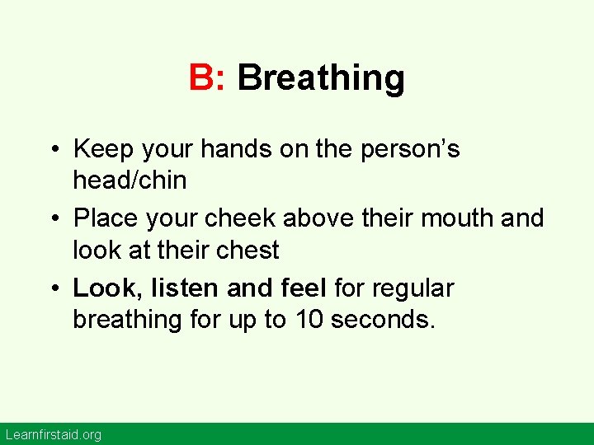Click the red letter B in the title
(201, 78)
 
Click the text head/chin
(130, 180)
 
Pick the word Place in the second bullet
(103, 218)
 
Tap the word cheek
(242, 218)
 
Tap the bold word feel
(303, 288)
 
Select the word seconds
(381, 320)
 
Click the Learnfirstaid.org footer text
(53, 434)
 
